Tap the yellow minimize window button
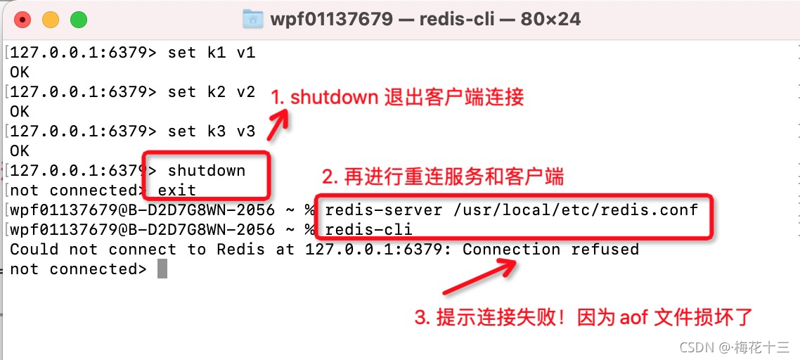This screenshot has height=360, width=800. [x=51, y=20]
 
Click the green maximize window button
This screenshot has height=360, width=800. [x=78, y=20]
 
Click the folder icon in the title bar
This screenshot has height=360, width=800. [x=252, y=19]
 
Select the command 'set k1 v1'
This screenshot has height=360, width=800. [x=211, y=53]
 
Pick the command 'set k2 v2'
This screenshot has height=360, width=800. [x=211, y=92]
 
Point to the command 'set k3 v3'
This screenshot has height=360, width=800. [x=211, y=131]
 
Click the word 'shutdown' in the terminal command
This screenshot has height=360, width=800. [x=207, y=171]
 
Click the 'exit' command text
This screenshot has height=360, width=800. [x=176, y=191]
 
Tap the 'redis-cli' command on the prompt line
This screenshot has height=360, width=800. [x=368, y=230]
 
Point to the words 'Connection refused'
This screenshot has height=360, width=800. [x=550, y=250]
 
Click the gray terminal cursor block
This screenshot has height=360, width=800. [x=162, y=269]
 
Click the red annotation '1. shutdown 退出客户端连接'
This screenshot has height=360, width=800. [x=398, y=98]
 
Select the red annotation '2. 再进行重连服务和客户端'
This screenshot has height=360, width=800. [x=443, y=176]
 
